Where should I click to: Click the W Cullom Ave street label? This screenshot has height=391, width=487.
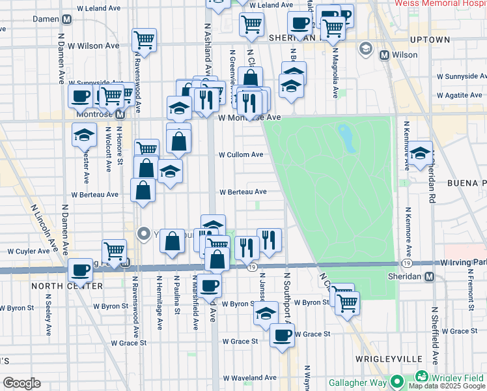241,155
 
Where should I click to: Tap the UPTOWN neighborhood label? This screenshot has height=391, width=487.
431,40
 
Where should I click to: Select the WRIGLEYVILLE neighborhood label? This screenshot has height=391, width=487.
384,359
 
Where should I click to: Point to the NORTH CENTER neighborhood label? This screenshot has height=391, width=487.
58,286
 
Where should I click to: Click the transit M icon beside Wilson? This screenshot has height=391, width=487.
384,55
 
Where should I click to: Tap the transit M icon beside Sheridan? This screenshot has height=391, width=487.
429,276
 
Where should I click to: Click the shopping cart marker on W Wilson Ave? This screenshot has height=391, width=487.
144,40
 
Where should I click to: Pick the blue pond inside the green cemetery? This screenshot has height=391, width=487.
344,136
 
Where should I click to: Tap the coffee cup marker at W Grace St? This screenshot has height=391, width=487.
282,336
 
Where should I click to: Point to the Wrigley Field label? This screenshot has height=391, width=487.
460,377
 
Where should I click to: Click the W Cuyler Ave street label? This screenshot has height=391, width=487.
29,251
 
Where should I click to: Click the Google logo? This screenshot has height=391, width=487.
21,383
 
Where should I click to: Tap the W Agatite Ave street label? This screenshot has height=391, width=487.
460,95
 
